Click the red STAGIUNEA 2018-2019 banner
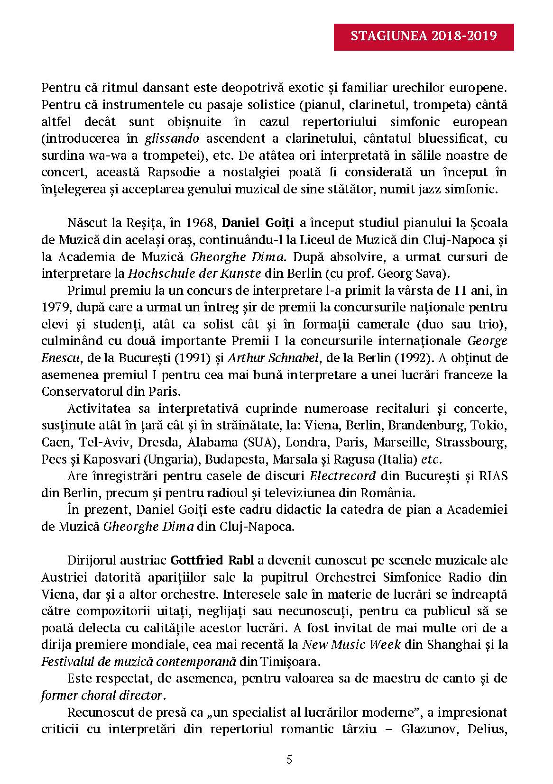(x=424, y=36)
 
